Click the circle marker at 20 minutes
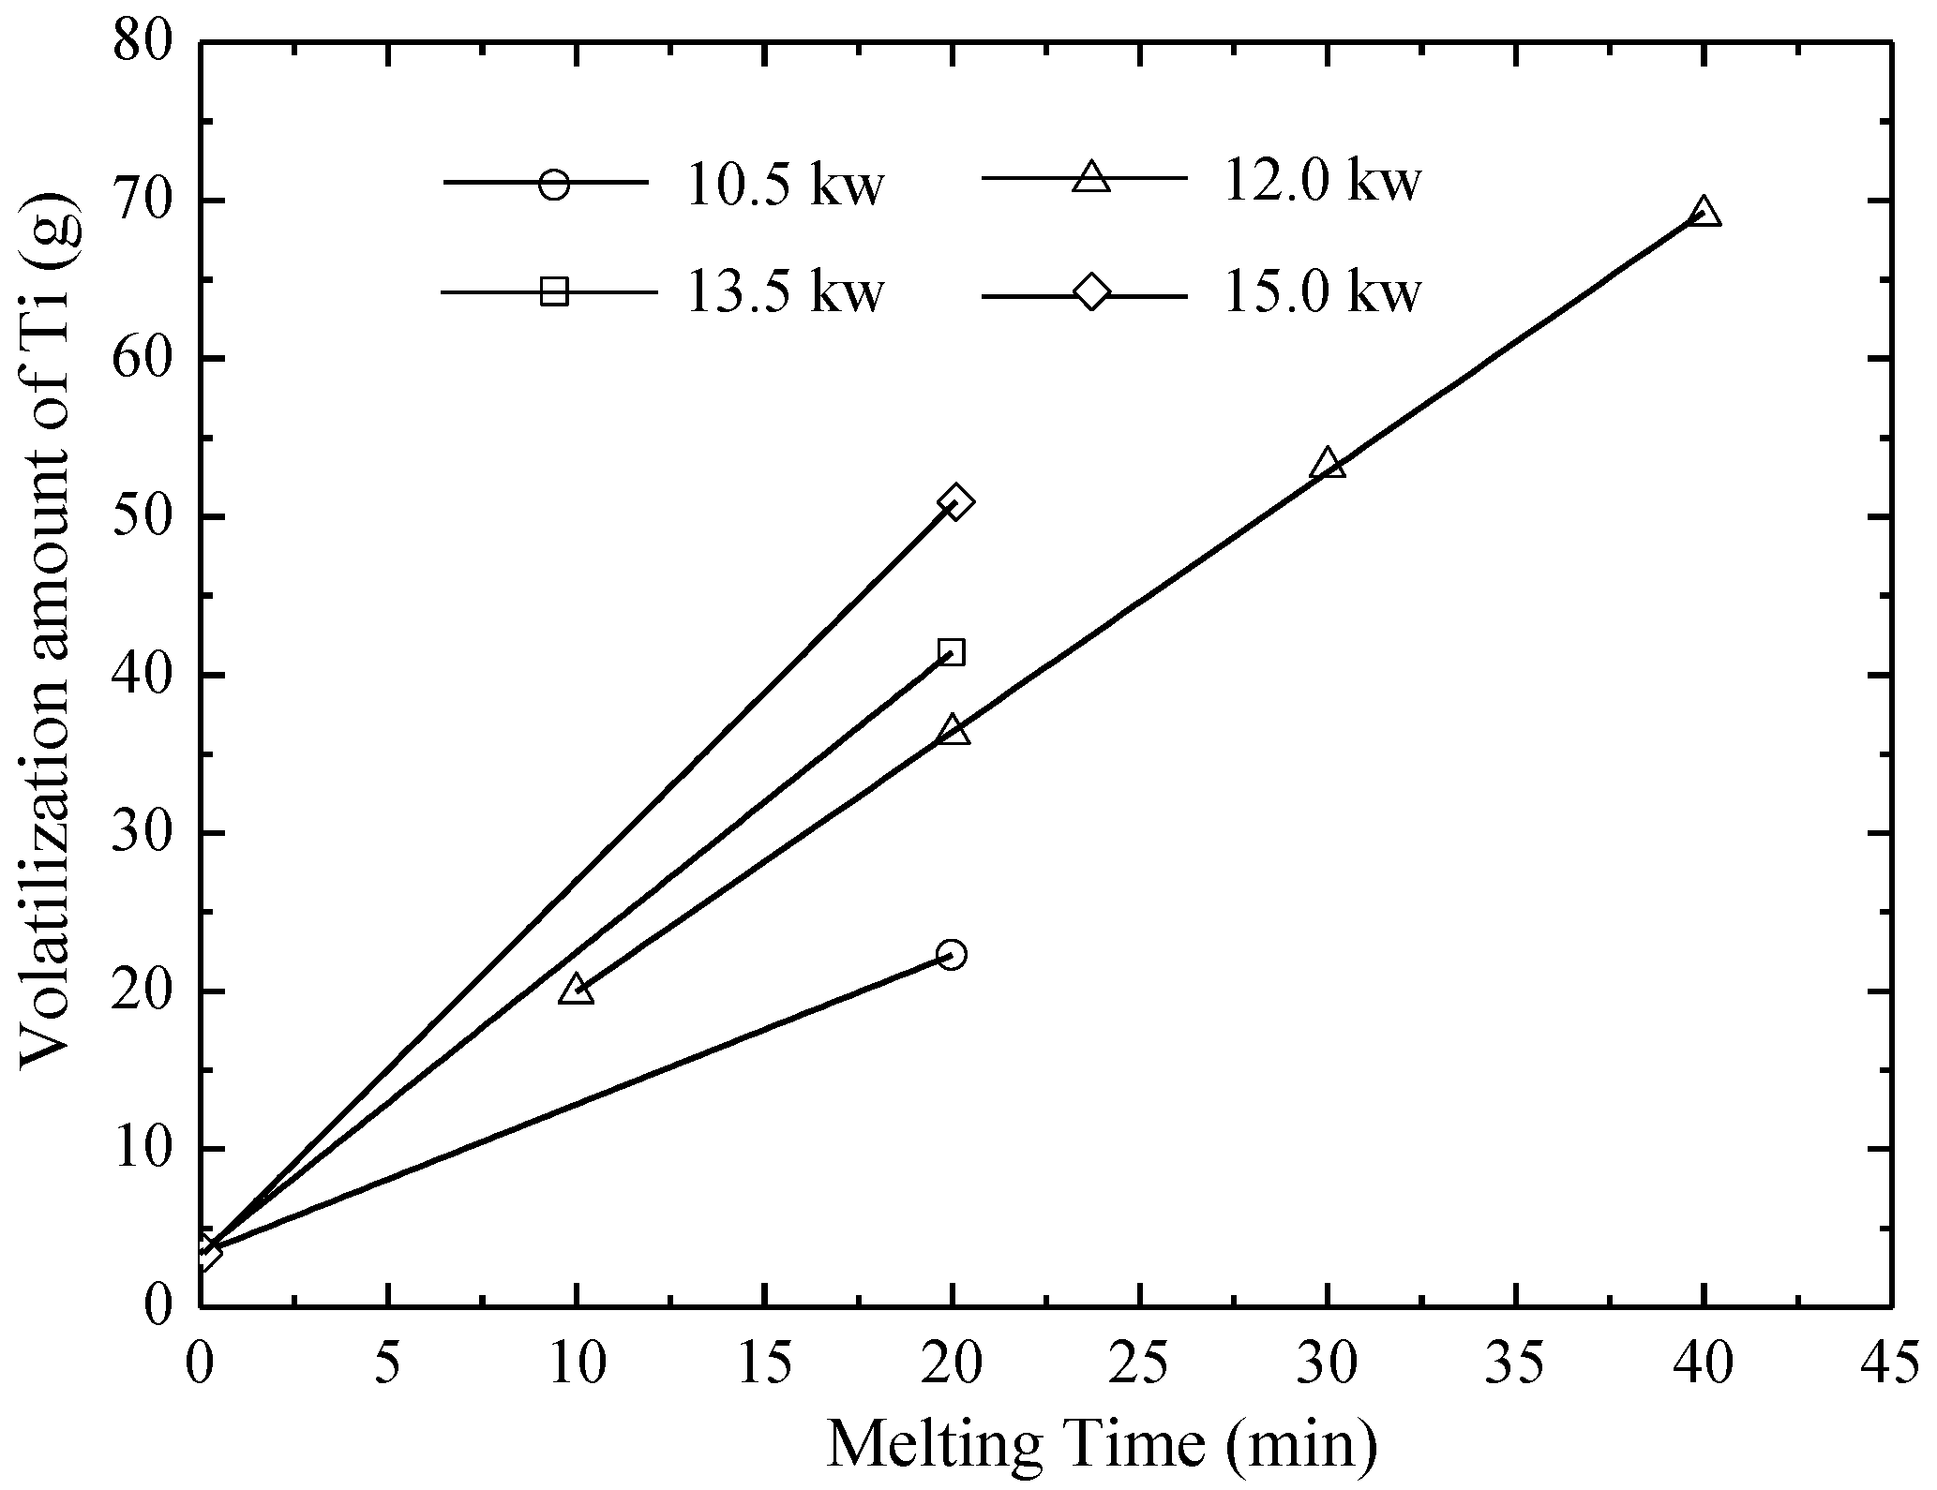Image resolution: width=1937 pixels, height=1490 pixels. (951, 955)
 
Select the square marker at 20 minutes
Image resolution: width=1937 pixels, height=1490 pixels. (951, 652)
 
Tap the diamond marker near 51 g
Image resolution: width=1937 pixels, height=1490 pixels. (954, 501)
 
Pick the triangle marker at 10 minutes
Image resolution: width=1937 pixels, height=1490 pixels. (576, 990)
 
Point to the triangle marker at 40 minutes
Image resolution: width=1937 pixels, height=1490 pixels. (1704, 213)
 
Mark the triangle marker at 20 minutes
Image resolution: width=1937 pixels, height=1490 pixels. (953, 730)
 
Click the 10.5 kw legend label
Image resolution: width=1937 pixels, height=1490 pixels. (784, 185)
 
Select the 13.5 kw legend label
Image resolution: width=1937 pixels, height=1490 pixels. (784, 292)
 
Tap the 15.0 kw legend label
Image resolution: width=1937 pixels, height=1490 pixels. (1322, 292)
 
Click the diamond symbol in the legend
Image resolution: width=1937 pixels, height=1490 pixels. (1090, 291)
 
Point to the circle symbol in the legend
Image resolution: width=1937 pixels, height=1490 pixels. (554, 184)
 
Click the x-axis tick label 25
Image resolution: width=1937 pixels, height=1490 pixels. (1140, 1366)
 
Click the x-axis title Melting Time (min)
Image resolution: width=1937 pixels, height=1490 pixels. (1103, 1444)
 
